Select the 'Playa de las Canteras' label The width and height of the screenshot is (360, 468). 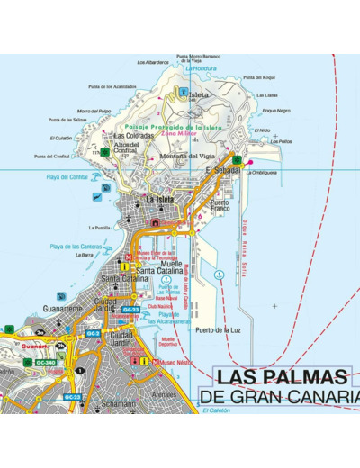(x=74, y=246)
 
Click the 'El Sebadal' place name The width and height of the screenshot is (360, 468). (x=222, y=169)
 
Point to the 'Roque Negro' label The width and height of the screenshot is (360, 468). (x=276, y=111)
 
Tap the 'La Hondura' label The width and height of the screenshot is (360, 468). (x=203, y=68)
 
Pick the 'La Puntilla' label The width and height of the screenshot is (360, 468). (x=96, y=228)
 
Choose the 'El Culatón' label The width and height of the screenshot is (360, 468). (x=62, y=138)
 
